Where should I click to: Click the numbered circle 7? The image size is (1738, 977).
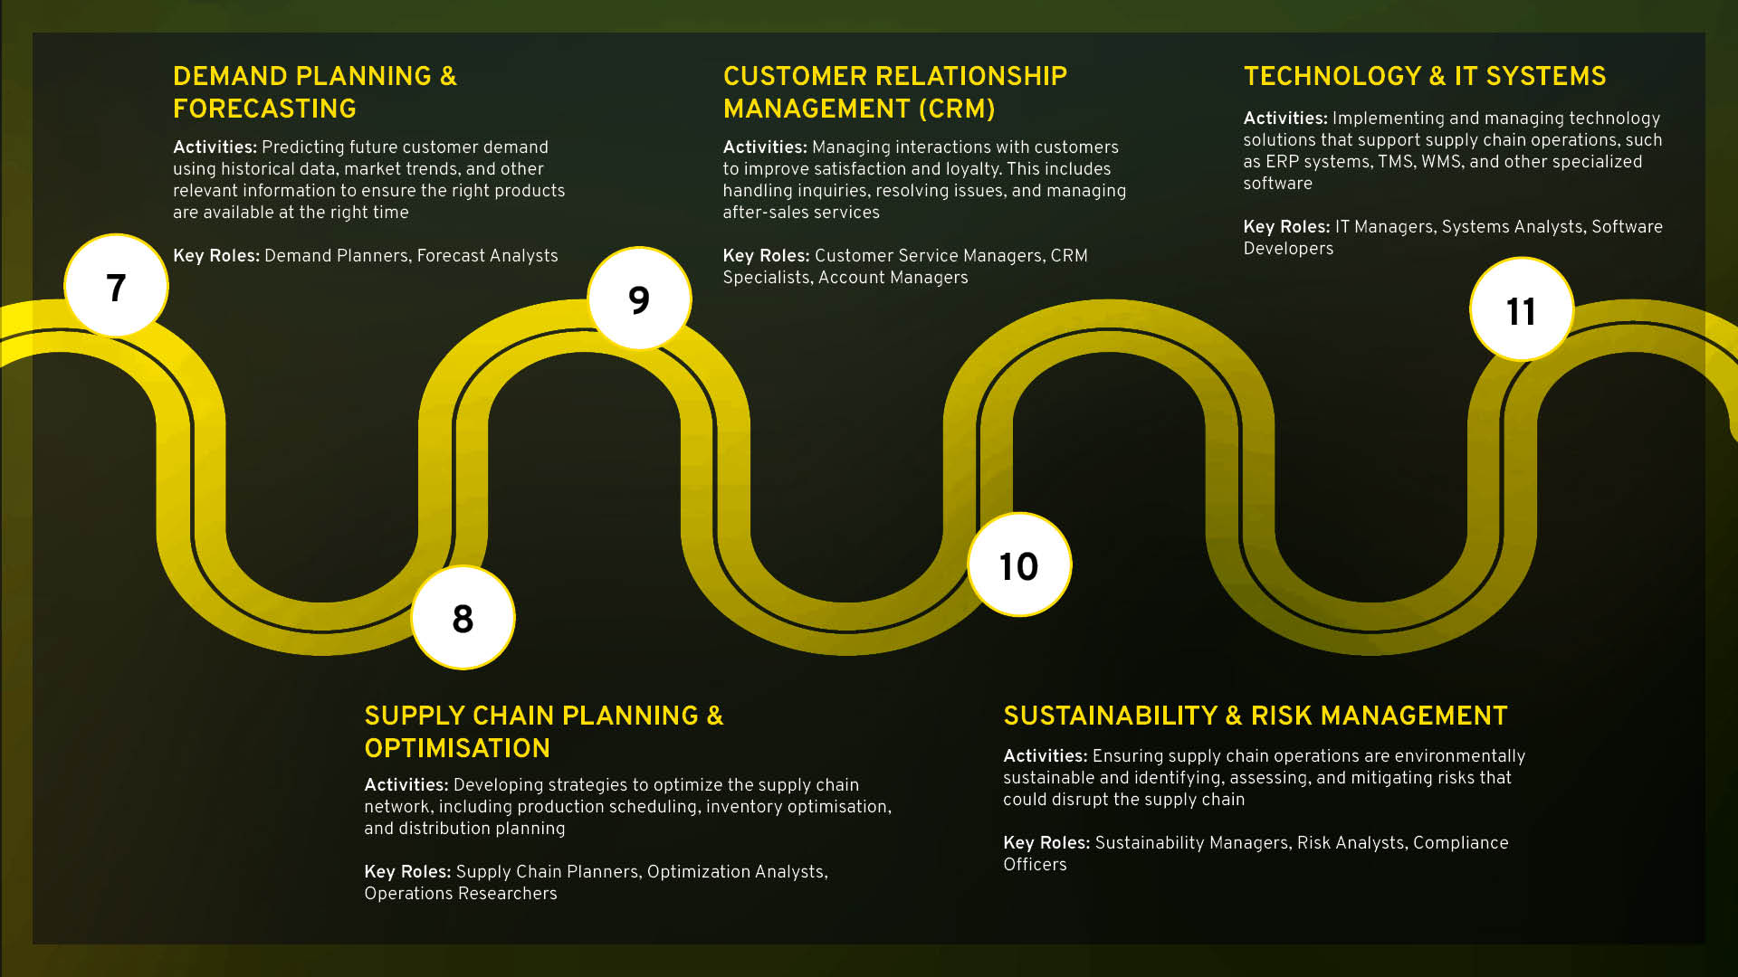coord(116,287)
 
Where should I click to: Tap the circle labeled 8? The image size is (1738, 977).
coord(463,619)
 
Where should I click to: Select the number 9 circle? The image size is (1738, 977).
coord(639,299)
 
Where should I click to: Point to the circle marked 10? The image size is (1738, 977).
coord(1019,566)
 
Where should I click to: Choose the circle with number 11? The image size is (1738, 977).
coord(1521,311)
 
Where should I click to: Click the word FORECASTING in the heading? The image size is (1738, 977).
coord(264,109)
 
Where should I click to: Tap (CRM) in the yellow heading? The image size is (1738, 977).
coord(957,109)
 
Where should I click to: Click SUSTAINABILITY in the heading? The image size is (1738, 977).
coord(1111,716)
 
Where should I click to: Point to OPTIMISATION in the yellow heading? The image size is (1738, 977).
coord(457,748)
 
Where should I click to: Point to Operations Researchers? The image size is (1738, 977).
coord(461,894)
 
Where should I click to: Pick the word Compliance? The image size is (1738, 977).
coord(1460,843)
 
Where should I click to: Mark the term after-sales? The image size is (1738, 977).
coord(757,213)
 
